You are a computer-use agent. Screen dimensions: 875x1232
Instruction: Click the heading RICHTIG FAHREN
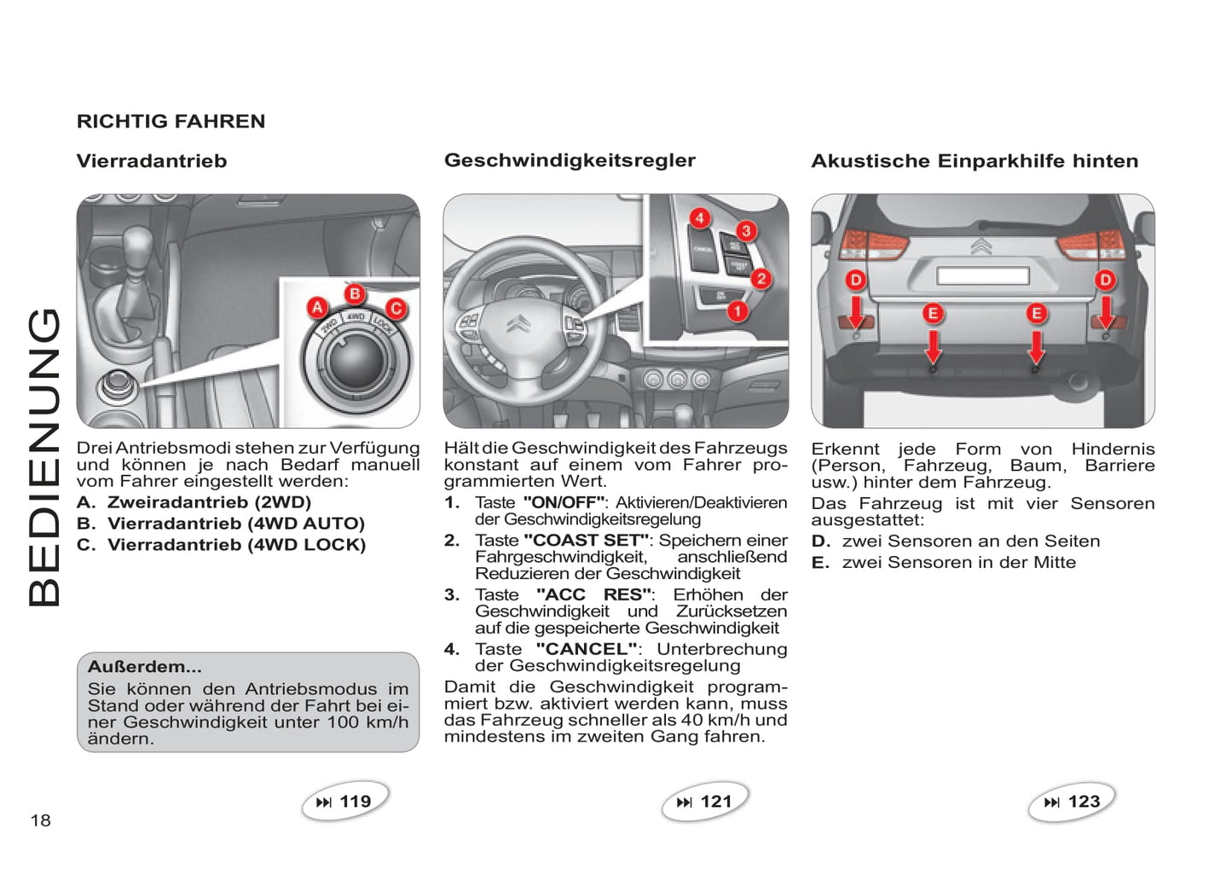(171, 121)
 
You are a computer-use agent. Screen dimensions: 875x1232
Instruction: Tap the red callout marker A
(317, 308)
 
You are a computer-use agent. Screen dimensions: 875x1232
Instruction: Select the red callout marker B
(355, 294)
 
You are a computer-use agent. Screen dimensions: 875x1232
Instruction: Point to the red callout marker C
(396, 309)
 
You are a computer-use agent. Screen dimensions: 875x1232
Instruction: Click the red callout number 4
(699, 218)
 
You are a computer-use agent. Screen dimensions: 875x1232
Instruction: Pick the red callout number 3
(746, 230)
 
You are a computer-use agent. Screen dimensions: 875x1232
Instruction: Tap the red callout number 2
(761, 278)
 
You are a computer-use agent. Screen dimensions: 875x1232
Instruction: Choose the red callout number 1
(737, 311)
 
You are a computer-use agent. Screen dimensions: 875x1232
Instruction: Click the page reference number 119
(355, 802)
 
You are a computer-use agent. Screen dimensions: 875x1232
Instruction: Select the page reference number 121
(715, 802)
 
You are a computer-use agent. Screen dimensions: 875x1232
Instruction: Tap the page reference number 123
(1084, 802)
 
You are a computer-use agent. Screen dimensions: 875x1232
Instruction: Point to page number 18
(41, 820)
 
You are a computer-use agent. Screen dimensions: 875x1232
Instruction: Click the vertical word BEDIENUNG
(44, 457)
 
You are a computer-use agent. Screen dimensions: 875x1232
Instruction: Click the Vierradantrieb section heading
(152, 161)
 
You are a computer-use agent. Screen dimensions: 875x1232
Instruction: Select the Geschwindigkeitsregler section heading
(570, 160)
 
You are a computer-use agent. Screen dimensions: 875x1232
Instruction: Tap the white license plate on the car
(982, 275)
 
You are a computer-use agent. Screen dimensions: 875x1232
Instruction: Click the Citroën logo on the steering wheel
(518, 324)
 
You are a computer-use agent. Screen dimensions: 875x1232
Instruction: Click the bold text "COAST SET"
(586, 541)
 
